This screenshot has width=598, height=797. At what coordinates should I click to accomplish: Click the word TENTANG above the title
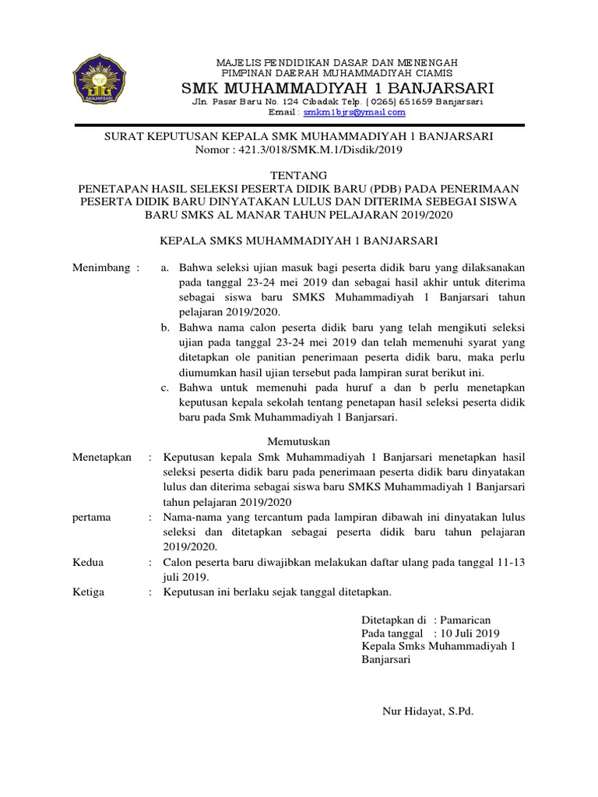[x=299, y=175]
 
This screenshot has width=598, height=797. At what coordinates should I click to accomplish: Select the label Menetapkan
[x=102, y=457]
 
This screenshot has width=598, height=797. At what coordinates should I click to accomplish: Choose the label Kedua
[x=87, y=562]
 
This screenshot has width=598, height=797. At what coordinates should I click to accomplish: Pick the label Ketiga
[x=88, y=592]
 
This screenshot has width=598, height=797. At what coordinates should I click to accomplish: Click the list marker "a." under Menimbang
[x=165, y=268]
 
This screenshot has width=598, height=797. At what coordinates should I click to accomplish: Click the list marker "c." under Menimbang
[x=165, y=388]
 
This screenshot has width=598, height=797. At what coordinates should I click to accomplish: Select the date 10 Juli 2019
[x=470, y=634]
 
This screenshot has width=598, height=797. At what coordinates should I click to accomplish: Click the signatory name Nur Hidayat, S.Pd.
[x=427, y=711]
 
